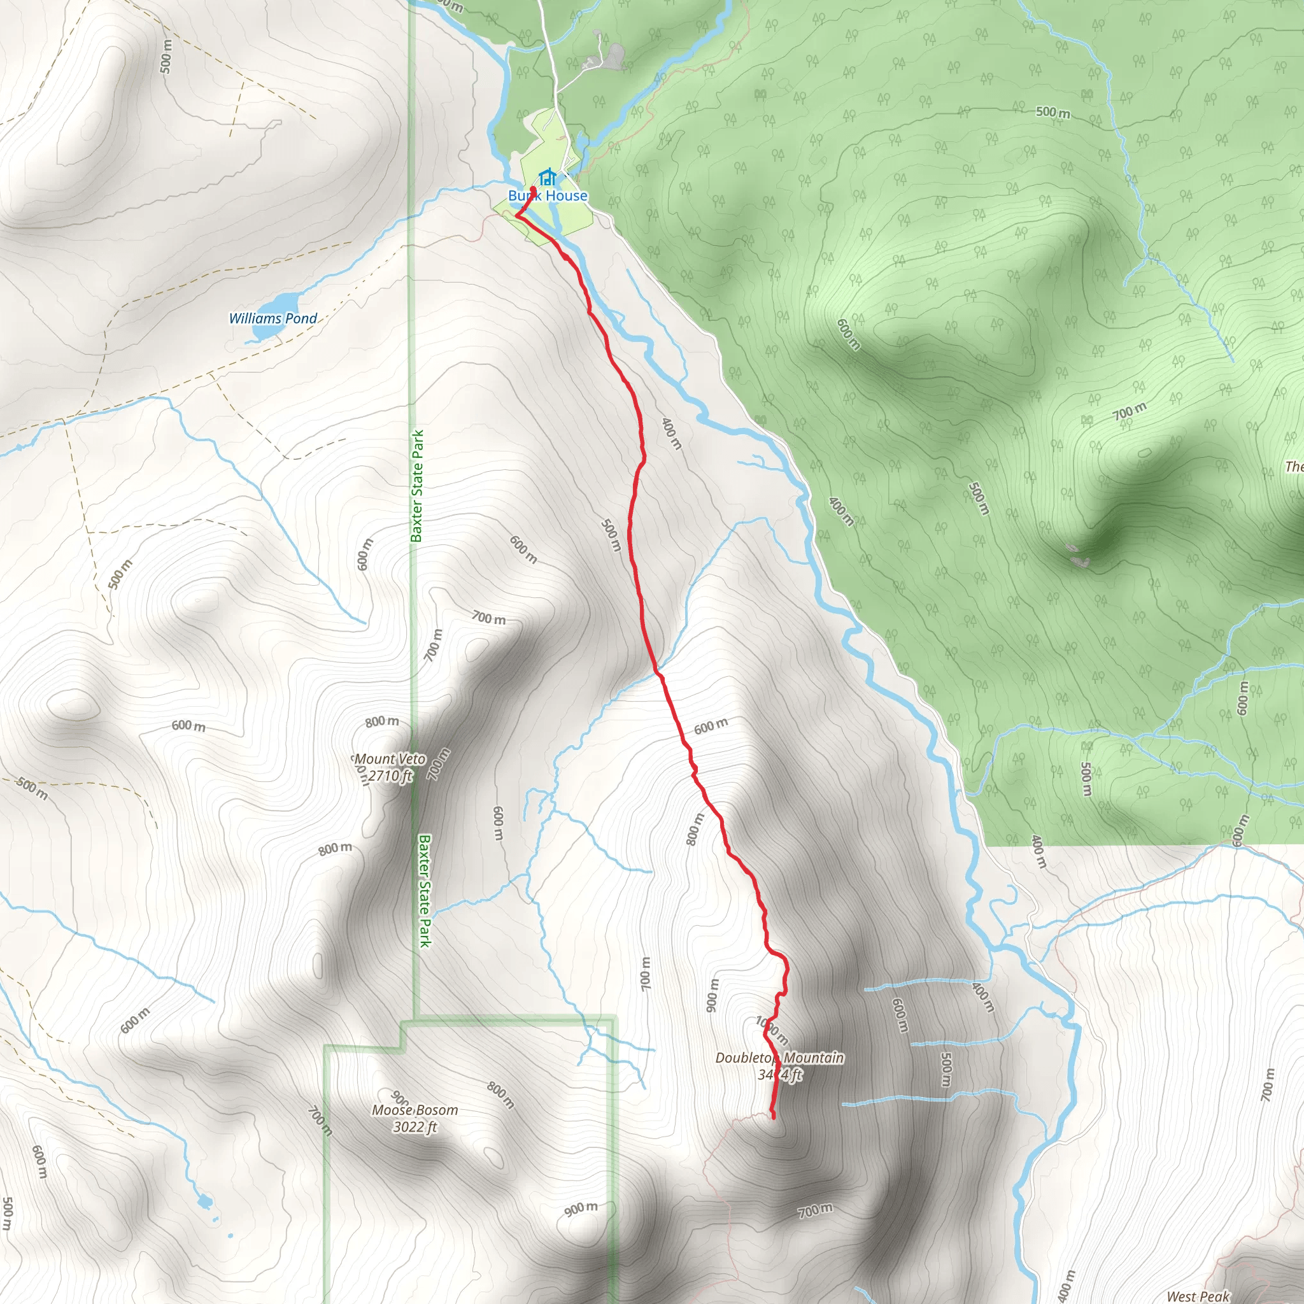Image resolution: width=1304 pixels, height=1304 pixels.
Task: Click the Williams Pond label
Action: (273, 318)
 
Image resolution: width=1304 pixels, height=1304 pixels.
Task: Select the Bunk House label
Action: (548, 195)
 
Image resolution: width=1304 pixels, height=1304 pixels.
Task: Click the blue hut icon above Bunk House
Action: (548, 177)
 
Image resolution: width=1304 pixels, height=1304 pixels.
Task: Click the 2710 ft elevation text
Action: (390, 776)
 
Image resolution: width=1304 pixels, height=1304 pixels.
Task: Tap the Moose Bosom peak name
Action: (415, 1110)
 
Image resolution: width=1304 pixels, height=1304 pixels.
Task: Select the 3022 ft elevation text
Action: (415, 1126)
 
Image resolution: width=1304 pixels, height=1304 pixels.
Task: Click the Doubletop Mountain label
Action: (779, 1058)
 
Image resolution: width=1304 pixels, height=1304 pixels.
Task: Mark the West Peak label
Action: (1198, 1296)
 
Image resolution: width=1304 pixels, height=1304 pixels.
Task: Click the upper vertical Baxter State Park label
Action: (417, 486)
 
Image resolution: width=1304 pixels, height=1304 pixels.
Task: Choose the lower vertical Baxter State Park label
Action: (424, 891)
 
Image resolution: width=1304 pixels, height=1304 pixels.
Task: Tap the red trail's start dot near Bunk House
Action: (533, 189)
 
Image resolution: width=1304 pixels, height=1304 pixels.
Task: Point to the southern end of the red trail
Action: (773, 1117)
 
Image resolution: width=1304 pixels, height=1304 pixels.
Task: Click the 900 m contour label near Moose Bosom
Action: (581, 1208)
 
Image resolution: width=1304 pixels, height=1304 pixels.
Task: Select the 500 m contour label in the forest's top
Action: (1053, 112)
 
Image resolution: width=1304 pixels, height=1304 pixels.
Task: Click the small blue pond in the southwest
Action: (203, 1201)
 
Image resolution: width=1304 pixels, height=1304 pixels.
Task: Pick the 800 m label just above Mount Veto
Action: (382, 721)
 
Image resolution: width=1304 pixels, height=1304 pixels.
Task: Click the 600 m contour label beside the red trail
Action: (711, 726)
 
